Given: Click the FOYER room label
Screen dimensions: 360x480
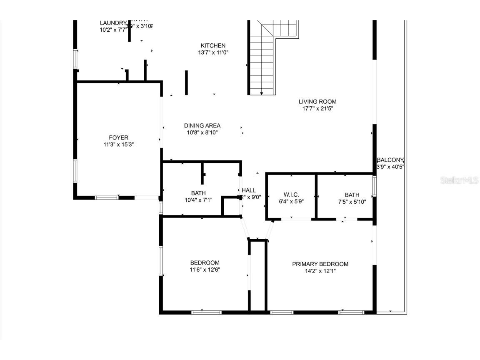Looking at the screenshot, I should click(x=118, y=137).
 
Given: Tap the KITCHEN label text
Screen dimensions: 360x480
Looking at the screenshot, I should click(x=213, y=46).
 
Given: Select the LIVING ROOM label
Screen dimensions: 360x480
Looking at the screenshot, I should click(x=317, y=102).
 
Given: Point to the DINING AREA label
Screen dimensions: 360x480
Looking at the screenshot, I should click(x=202, y=125).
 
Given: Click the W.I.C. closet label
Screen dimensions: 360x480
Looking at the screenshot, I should click(x=291, y=195).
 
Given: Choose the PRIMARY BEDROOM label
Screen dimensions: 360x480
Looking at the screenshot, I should click(x=320, y=264).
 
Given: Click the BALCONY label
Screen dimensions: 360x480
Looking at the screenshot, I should click(x=390, y=160).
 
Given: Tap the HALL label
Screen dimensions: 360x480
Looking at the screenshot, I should click(x=249, y=190).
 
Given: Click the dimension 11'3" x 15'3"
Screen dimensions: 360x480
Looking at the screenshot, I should click(x=118, y=145).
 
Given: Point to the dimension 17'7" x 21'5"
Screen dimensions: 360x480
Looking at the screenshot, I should click(x=317, y=109).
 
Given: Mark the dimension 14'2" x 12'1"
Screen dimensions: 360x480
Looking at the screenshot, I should click(x=320, y=271).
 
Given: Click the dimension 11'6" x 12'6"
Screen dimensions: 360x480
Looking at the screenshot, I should click(x=205, y=270).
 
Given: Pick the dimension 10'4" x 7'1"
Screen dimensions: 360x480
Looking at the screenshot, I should click(x=198, y=200).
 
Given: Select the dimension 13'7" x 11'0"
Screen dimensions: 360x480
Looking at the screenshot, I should click(x=213, y=53).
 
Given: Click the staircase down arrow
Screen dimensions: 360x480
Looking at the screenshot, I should click(x=262, y=92).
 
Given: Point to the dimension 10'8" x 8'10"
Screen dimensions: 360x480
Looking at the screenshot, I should click(x=202, y=132).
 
